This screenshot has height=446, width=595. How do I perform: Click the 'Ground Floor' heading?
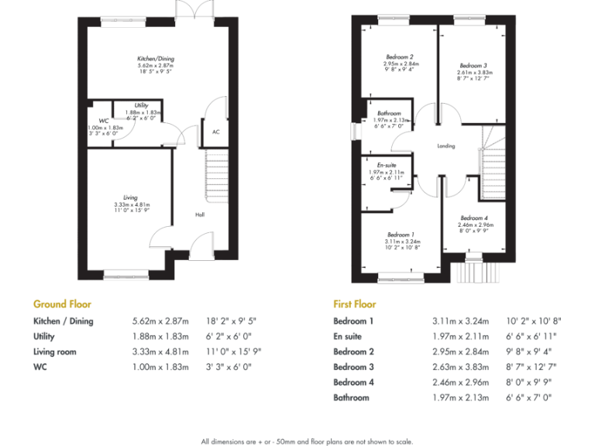tap(62, 304)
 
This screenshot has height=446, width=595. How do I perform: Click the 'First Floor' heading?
tap(354, 304)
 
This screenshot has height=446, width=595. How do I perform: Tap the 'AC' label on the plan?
tap(215, 132)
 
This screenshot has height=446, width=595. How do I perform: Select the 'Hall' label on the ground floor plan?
tap(199, 214)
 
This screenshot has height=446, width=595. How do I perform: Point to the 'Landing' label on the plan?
tap(445, 146)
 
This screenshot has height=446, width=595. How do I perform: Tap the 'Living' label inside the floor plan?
tap(130, 197)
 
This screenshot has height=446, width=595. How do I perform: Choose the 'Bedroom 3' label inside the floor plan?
tap(473, 66)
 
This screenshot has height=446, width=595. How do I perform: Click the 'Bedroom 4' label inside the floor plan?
tap(474, 218)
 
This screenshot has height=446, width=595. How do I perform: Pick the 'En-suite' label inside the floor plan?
tap(387, 165)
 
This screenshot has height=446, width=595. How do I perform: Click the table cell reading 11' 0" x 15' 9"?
tap(233, 352)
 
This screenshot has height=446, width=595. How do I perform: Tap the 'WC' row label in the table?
tap(40, 367)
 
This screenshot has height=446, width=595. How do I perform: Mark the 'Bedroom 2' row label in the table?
tap(353, 352)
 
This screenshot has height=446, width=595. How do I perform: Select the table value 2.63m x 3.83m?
tap(460, 367)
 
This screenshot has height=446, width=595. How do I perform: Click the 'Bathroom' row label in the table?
tap(351, 397)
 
